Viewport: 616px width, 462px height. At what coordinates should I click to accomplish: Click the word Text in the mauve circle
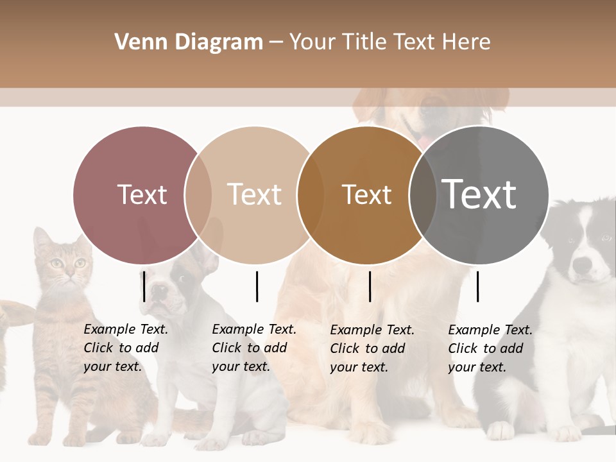(142, 194)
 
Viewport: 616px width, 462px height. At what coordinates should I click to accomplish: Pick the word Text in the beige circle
(254, 194)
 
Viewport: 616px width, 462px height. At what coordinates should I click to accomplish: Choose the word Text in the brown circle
(366, 194)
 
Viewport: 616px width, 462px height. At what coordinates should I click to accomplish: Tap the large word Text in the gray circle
(479, 194)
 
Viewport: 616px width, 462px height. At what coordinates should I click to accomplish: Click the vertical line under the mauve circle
(144, 286)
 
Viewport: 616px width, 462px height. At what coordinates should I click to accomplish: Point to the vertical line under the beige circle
(257, 286)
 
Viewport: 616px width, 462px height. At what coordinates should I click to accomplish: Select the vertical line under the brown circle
(370, 286)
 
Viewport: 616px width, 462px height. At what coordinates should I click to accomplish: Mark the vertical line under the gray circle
(478, 286)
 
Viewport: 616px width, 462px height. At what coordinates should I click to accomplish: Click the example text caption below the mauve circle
(126, 348)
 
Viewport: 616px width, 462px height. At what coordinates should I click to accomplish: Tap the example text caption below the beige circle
(254, 348)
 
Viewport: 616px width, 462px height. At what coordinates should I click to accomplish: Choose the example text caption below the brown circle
(372, 348)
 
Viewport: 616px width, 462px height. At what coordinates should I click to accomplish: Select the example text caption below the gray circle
(490, 348)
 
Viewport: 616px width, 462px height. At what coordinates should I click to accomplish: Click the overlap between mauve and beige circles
(198, 194)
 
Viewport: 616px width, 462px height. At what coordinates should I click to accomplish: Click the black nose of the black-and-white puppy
(582, 264)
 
